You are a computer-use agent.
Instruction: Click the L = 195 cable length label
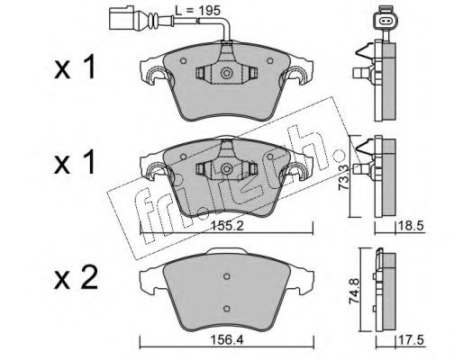(198, 11)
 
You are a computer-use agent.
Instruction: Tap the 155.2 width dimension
(227, 226)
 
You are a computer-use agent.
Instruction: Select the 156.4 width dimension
(227, 340)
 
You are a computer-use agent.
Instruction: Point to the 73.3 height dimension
(343, 177)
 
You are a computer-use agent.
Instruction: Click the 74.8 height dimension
(355, 291)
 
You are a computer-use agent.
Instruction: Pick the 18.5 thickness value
(411, 226)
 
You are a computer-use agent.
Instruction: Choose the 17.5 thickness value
(411, 340)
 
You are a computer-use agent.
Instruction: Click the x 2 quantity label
(76, 278)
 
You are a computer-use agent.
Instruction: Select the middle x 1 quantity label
(75, 162)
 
